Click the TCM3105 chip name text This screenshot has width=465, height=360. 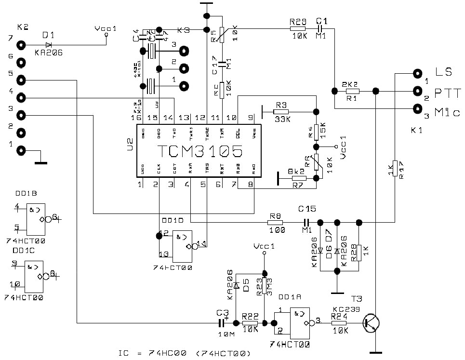199,152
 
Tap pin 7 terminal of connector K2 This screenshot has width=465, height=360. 21,45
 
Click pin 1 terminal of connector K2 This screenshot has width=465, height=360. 21,150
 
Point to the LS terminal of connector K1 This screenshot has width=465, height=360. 417,73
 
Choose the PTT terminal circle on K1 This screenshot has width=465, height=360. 417,91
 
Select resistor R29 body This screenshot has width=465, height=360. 297,29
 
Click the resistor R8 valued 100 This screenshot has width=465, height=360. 275,223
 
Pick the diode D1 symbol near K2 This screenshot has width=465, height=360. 48,45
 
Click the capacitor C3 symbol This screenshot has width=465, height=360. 223,323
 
